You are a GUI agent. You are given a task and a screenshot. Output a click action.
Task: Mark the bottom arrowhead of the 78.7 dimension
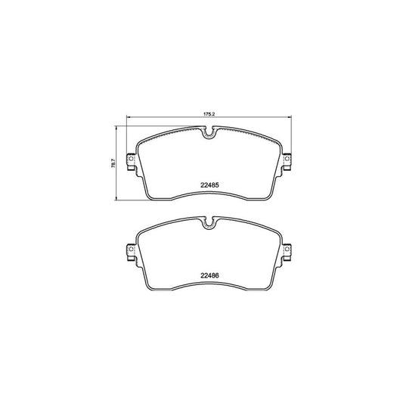tap(117, 200)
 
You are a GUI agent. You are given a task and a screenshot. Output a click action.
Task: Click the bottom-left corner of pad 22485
tap(149, 198)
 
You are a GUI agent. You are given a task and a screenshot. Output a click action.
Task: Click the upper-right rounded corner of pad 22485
tap(279, 141)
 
